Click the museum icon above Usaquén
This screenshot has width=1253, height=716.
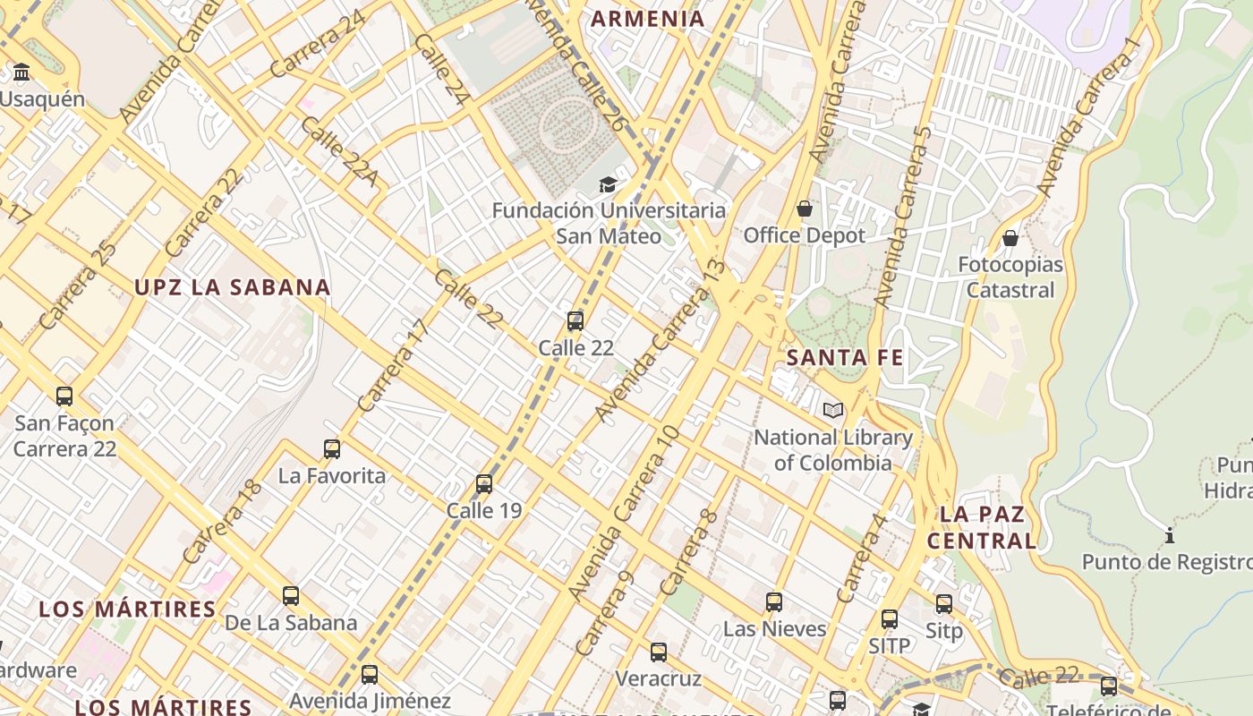21,72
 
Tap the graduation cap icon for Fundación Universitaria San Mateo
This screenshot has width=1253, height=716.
608,184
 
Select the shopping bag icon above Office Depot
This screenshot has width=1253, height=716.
805,209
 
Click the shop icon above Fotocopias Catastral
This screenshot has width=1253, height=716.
1010,238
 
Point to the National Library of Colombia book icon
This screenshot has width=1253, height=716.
833,410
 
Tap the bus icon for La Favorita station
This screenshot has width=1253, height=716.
332,448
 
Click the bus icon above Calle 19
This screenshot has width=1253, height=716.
484,483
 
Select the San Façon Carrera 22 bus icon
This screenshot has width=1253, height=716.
64,396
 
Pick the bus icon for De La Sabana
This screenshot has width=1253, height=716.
291,595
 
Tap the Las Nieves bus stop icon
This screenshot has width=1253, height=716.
774,601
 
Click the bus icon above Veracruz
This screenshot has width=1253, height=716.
659,652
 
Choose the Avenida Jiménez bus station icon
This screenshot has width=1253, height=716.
370,674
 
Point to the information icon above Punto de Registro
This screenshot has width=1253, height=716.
1169,536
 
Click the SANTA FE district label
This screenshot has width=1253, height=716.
845,358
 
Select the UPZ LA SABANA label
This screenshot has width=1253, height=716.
233,287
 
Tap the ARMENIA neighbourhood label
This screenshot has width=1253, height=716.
648,19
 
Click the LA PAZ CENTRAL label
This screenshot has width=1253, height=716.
982,527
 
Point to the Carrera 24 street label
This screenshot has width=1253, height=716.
318,43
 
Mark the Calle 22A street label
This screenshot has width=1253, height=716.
338,150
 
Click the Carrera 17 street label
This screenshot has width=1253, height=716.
394,364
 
